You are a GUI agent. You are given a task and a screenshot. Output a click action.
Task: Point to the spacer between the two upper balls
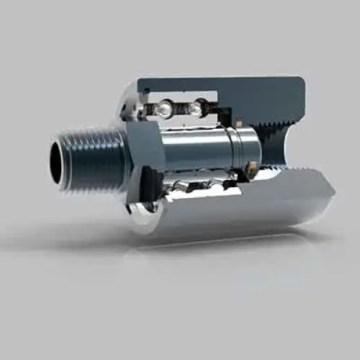tap(180, 109)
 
